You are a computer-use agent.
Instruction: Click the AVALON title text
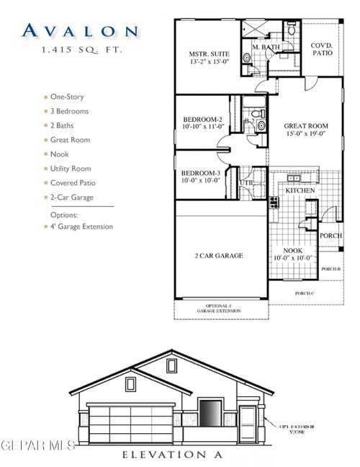(79, 30)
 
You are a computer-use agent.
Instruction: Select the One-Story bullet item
(68, 97)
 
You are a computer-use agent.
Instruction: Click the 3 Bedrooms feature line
(70, 111)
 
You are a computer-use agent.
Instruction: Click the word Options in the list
(65, 215)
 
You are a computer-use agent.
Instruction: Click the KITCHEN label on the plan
(300, 190)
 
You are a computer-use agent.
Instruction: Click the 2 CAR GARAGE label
(219, 255)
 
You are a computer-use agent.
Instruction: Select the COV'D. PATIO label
(322, 49)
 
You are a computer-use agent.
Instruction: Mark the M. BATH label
(264, 48)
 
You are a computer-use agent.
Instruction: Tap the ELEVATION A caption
(173, 455)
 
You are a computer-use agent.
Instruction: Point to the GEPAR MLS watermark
(37, 445)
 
